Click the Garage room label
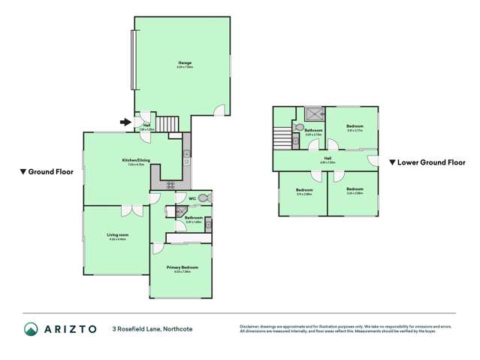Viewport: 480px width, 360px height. [x=185, y=63]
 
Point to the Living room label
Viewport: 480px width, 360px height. [x=117, y=235]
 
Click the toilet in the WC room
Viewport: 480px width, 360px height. [x=204, y=197]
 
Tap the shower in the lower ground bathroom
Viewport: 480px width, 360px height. [x=314, y=113]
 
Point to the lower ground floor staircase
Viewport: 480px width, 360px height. [x=282, y=139]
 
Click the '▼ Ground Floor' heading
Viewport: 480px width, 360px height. [x=47, y=172]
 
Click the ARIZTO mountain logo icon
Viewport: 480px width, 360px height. [x=32, y=328]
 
